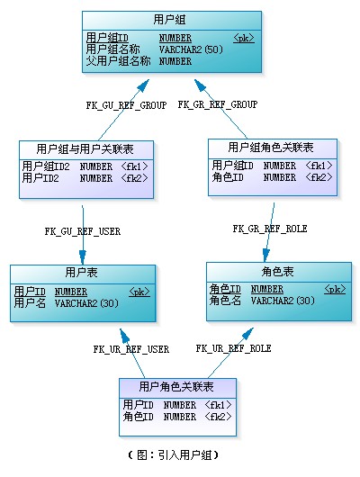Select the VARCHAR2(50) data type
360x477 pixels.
click(192, 49)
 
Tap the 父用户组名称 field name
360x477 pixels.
click(118, 61)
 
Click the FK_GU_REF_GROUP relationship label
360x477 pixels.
click(126, 105)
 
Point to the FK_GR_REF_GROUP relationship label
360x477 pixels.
click(218, 105)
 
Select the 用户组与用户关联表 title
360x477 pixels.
click(85, 148)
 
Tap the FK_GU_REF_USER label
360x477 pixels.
click(83, 231)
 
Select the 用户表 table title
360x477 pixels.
click(82, 273)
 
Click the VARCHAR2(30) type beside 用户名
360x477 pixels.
click(86, 303)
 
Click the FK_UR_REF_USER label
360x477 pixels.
click(131, 349)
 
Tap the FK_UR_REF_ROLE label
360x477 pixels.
click(234, 348)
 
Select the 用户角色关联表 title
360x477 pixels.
click(177, 387)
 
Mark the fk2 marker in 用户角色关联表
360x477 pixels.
click(219, 417)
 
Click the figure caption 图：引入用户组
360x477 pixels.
click(179, 456)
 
